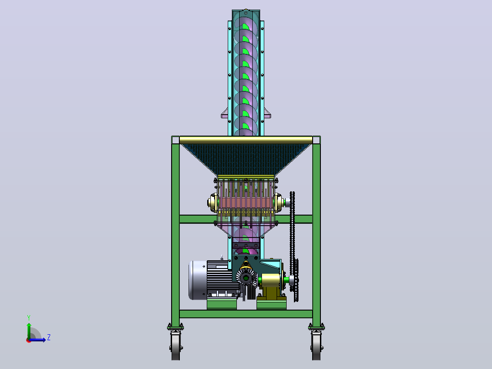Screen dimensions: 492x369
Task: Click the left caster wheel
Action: (x=175, y=346)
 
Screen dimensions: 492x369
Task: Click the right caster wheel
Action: (x=316, y=346)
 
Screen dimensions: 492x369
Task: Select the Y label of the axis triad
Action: (x=29, y=318)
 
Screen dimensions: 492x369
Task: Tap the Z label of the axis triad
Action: (x=49, y=337)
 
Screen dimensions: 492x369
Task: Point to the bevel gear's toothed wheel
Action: (x=246, y=278)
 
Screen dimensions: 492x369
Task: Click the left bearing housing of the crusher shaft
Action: (x=213, y=203)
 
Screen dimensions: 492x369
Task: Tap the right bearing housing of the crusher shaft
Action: (x=279, y=203)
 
